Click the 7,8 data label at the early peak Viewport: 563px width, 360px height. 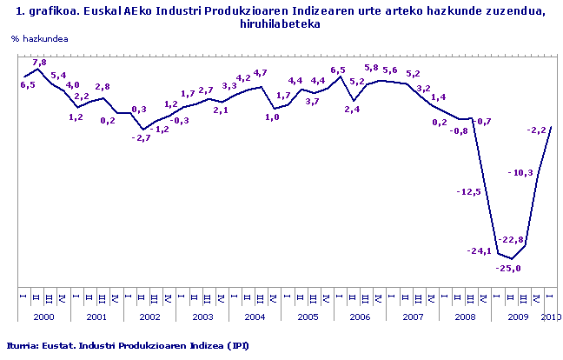(x=39, y=63)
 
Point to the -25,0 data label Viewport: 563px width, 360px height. (x=508, y=269)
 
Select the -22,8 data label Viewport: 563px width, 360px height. (x=510, y=240)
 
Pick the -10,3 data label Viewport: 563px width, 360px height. (x=520, y=173)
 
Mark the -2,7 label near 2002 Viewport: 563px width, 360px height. (x=141, y=138)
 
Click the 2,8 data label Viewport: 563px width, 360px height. (x=102, y=87)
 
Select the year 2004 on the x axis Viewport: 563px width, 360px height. (x=255, y=317)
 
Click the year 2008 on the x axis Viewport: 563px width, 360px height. (x=465, y=317)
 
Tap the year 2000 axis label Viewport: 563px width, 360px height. (x=43, y=317)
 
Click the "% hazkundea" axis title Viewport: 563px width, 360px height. (x=40, y=40)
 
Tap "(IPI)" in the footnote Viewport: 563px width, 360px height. (x=239, y=345)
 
